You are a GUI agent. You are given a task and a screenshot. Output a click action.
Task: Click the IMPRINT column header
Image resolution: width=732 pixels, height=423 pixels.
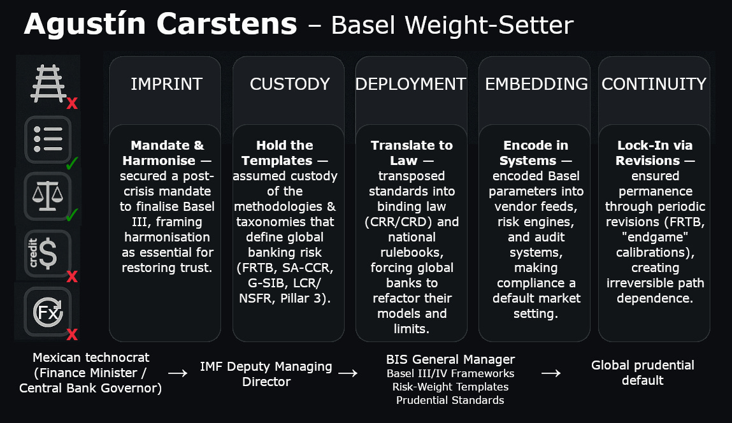(166, 84)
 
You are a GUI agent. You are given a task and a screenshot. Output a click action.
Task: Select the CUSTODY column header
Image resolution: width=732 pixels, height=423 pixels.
(289, 84)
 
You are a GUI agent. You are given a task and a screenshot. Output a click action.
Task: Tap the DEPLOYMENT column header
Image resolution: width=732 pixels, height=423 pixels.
(411, 84)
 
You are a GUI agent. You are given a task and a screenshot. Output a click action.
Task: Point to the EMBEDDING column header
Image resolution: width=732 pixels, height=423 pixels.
(536, 84)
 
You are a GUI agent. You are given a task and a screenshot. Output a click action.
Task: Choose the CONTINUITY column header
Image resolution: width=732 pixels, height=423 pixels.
(654, 84)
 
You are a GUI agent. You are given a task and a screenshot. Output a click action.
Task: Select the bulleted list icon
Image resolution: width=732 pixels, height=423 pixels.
(48, 140)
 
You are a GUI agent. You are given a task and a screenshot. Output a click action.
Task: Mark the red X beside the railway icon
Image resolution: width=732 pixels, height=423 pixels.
(72, 103)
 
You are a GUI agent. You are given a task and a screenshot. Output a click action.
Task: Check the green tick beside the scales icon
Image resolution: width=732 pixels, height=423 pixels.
(71, 215)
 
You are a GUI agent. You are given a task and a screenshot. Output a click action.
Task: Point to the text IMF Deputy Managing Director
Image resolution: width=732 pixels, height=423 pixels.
(266, 374)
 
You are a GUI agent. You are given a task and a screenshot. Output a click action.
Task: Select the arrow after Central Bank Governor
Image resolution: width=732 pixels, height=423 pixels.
(178, 373)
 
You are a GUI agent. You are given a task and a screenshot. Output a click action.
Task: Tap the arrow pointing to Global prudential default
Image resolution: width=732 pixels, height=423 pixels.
(550, 373)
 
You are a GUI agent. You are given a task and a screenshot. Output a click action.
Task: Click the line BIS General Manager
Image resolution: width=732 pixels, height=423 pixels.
(450, 359)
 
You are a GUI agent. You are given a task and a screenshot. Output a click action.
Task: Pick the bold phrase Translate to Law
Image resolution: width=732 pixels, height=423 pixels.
(411, 153)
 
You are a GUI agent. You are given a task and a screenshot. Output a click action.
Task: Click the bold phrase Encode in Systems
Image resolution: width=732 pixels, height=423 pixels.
(536, 153)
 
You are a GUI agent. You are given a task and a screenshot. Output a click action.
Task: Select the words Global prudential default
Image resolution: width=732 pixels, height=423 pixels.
(642, 373)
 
